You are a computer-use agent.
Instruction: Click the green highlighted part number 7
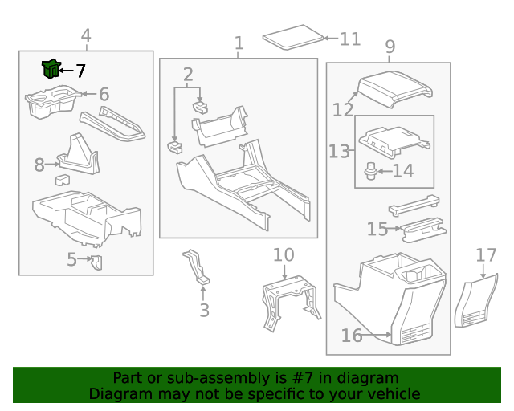pyautogui.click(x=51, y=70)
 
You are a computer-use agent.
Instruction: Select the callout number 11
pyautogui.click(x=350, y=39)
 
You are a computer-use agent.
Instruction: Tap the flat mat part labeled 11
pyautogui.click(x=292, y=38)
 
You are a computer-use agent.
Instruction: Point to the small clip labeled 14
pyautogui.click(x=370, y=170)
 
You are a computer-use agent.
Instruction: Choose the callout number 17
pyautogui.click(x=486, y=255)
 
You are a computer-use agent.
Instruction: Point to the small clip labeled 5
pyautogui.click(x=96, y=262)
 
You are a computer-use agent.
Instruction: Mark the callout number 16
pyautogui.click(x=352, y=336)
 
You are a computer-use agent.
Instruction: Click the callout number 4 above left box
pyautogui.click(x=86, y=35)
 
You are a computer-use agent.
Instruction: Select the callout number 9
pyautogui.click(x=390, y=47)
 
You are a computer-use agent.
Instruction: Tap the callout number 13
pyautogui.click(x=340, y=151)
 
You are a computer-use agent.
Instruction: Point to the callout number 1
pyautogui.click(x=239, y=43)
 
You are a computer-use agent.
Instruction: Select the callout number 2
pyautogui.click(x=188, y=75)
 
